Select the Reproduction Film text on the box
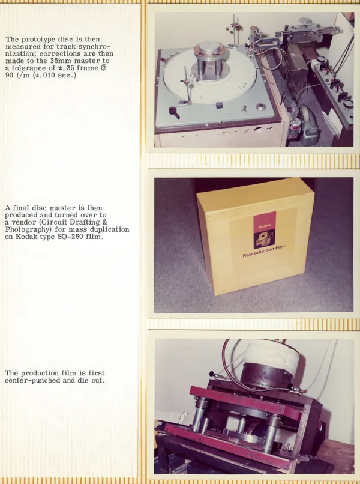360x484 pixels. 264,251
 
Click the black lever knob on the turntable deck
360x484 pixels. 175,112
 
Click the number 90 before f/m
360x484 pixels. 9,75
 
